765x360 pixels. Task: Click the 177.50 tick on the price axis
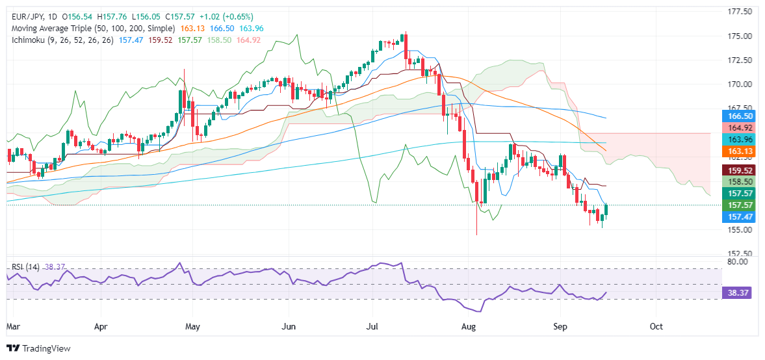(740, 12)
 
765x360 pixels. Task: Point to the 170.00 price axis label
(740, 84)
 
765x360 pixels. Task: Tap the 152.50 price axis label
(740, 253)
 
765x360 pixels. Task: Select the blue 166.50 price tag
(740, 114)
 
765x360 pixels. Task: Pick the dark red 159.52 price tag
(740, 170)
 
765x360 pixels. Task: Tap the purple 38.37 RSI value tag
(740, 293)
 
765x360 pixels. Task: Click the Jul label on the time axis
(376, 326)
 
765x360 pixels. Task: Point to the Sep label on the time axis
(560, 326)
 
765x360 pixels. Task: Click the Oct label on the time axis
(656, 326)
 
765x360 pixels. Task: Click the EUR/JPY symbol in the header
(25, 16)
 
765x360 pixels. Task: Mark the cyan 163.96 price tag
(740, 139)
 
